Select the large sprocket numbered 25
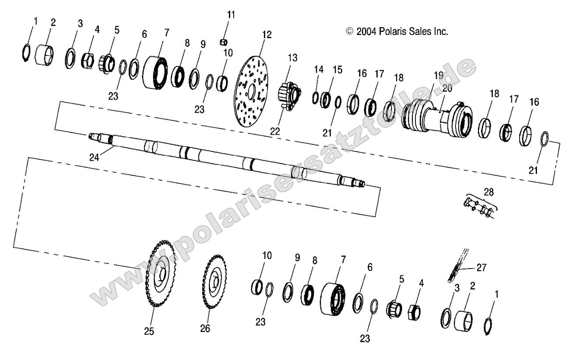pyautogui.click(x=160, y=276)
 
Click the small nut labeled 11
pyautogui.click(x=224, y=42)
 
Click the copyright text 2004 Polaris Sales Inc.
pyautogui.click(x=397, y=31)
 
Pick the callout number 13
pyautogui.click(x=292, y=58)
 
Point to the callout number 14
pyautogui.click(x=318, y=69)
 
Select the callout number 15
pyautogui.click(x=337, y=69)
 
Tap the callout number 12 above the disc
pyautogui.click(x=267, y=34)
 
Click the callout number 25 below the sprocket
pyautogui.click(x=149, y=331)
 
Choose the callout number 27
pyautogui.click(x=481, y=267)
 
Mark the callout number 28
pyautogui.click(x=488, y=191)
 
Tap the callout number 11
pyautogui.click(x=231, y=14)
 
